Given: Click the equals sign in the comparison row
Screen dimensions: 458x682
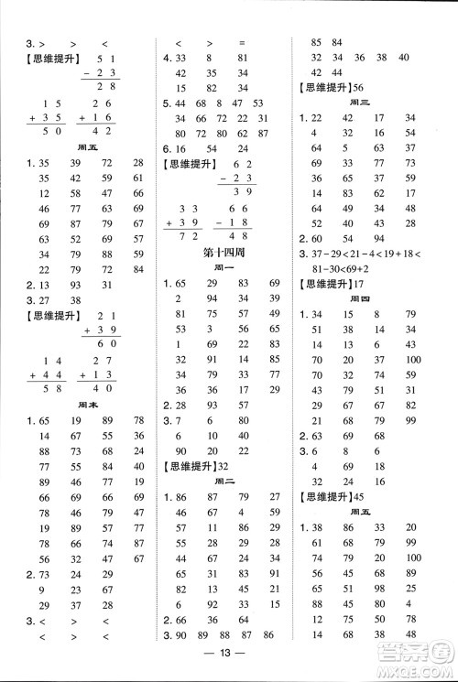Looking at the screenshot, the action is (242, 42).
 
